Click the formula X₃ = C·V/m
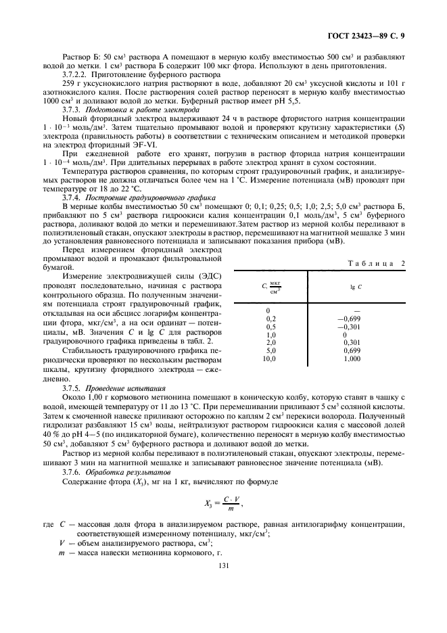[x=223, y=502]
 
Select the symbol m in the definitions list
[x=63, y=553]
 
